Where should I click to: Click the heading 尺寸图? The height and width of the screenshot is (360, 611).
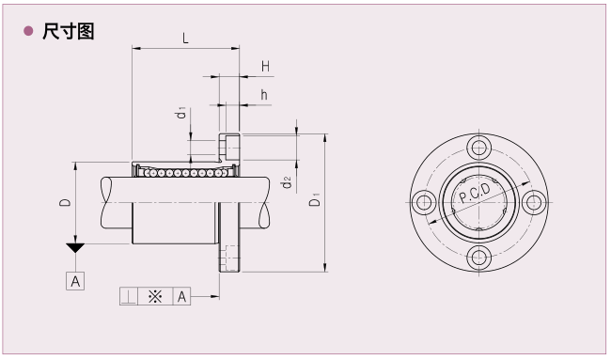(69, 31)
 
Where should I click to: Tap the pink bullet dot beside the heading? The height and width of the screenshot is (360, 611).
(28, 31)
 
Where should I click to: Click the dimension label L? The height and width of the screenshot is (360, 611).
(185, 39)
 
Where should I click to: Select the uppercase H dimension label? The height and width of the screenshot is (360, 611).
(265, 67)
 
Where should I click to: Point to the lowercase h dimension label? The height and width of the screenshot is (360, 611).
(264, 95)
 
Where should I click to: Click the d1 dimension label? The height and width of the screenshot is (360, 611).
(180, 113)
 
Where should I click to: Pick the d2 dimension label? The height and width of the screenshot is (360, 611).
(287, 182)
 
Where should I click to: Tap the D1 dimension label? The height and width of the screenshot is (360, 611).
(315, 199)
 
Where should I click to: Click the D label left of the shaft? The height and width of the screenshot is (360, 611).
(65, 202)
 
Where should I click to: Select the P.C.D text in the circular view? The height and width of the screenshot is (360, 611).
(475, 194)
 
